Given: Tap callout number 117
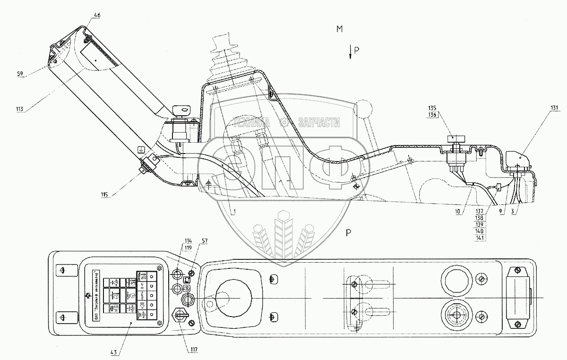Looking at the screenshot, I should pyautogui.click(x=194, y=350).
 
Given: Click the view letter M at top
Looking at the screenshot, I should pyautogui.click(x=339, y=29).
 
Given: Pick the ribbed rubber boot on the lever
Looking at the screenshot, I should pyautogui.click(x=230, y=61).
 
